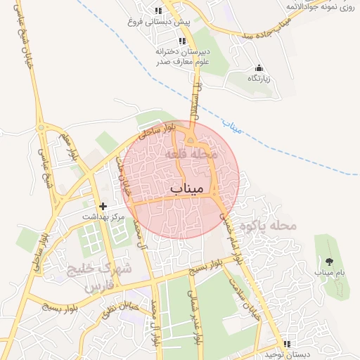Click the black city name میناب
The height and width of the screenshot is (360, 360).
click(x=186, y=189)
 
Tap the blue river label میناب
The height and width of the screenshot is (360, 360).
click(x=231, y=127)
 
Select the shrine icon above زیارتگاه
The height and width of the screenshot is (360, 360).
click(x=259, y=68)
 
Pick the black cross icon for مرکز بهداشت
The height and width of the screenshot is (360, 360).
click(x=103, y=207)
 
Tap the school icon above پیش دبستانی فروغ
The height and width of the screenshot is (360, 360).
click(x=158, y=11)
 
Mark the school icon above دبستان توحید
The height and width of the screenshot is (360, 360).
click(x=286, y=344)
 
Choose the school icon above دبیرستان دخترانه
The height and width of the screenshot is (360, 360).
click(x=183, y=41)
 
